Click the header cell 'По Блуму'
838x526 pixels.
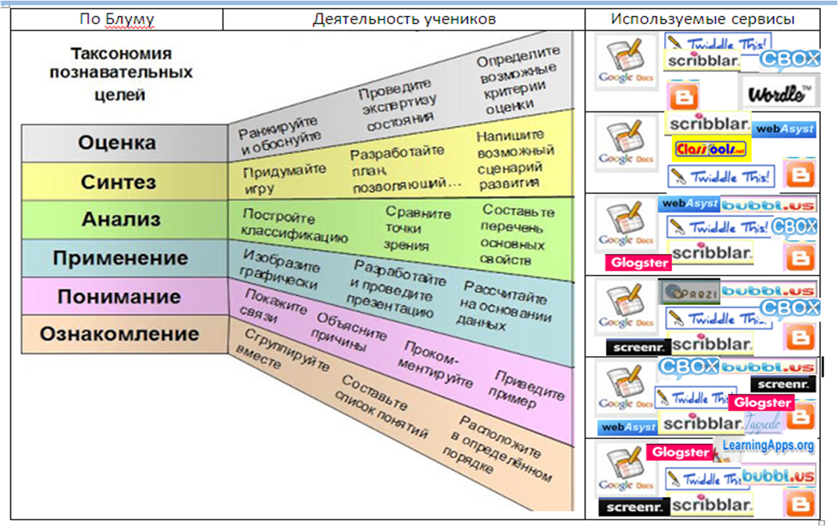(x=117, y=19)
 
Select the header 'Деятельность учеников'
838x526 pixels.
(x=404, y=19)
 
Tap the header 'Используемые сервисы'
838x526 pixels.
(x=703, y=19)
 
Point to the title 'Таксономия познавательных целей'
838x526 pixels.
(x=121, y=73)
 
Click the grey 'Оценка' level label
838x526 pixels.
(x=117, y=142)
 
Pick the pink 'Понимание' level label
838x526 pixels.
(x=119, y=296)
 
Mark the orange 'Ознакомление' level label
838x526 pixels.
(x=119, y=334)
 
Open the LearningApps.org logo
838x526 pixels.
(x=767, y=446)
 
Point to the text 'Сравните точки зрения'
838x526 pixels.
(x=418, y=229)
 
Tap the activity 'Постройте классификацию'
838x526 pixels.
(x=294, y=226)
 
